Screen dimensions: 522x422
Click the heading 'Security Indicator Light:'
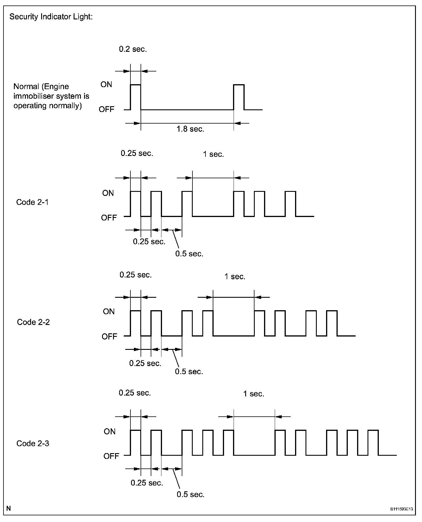click(51, 17)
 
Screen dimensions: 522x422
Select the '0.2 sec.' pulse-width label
click(133, 49)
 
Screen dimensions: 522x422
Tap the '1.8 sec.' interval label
click(190, 129)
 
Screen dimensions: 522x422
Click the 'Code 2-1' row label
click(32, 202)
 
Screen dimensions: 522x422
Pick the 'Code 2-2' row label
click(33, 322)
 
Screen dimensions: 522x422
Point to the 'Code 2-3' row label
click(33, 444)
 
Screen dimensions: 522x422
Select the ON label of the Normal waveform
click(106, 84)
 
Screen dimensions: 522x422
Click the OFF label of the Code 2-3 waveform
click(111, 456)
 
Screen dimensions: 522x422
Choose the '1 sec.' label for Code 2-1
click(213, 155)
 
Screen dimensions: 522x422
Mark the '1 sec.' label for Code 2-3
click(254, 394)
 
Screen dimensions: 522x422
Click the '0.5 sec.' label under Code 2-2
click(189, 372)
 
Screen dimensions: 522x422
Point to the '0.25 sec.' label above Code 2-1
click(137, 153)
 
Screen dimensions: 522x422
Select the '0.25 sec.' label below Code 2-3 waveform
click(147, 483)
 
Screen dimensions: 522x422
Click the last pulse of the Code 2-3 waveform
click(373, 443)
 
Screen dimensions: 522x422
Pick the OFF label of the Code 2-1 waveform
click(109, 218)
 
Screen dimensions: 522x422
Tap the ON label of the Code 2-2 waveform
click(109, 312)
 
